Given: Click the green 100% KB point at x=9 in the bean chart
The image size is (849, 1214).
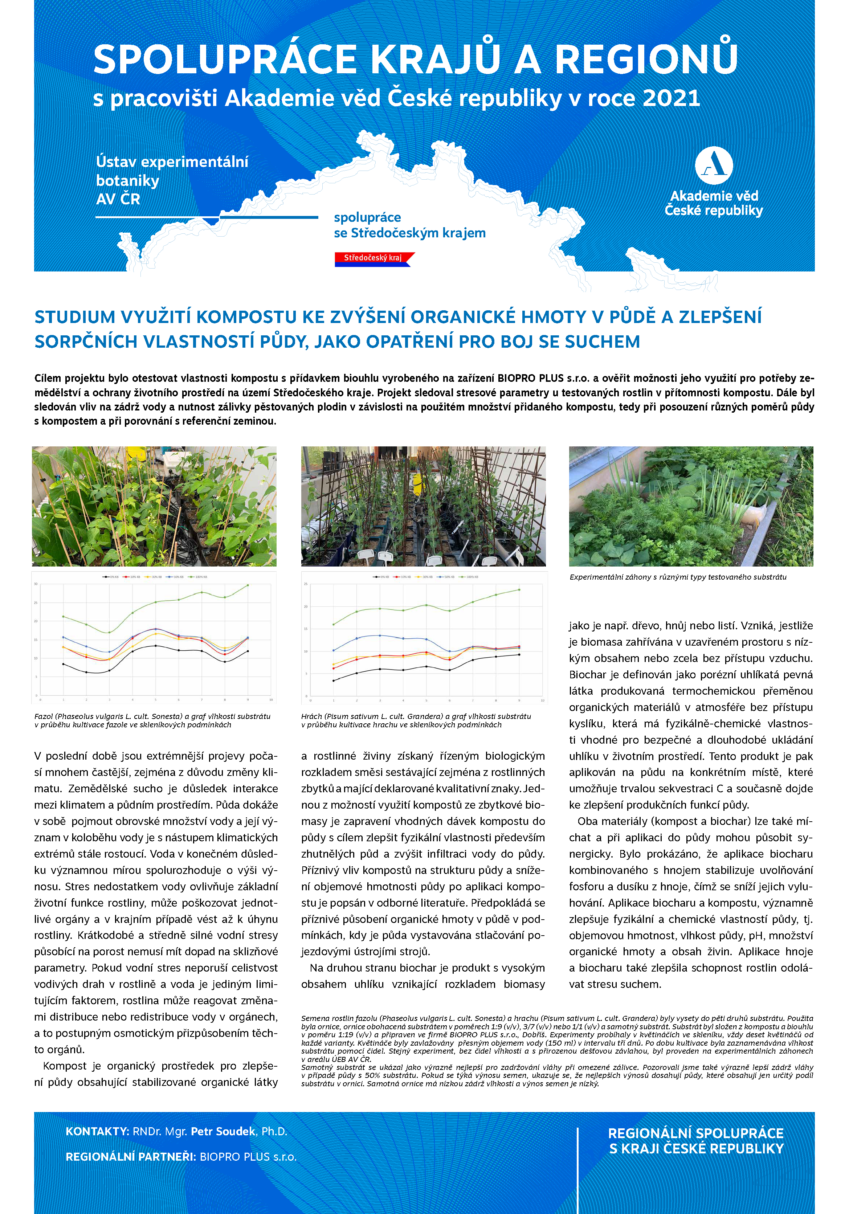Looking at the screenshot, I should (x=248, y=585).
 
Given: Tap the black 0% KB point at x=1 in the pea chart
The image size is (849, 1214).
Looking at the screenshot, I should (x=333, y=680).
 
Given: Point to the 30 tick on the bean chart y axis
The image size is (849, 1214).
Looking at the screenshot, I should (x=36, y=584).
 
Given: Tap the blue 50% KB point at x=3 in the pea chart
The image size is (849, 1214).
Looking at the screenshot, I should (x=380, y=635).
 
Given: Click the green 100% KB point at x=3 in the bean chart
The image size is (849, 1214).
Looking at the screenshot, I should (x=110, y=632).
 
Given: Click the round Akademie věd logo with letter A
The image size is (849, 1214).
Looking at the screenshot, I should (x=714, y=165).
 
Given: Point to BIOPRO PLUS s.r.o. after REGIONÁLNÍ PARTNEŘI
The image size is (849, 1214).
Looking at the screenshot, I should (x=248, y=1157).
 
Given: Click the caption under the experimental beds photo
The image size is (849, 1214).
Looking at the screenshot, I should (x=678, y=577).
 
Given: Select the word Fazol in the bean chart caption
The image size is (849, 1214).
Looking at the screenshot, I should (x=44, y=716).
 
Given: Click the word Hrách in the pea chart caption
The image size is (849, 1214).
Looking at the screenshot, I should (x=311, y=716).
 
